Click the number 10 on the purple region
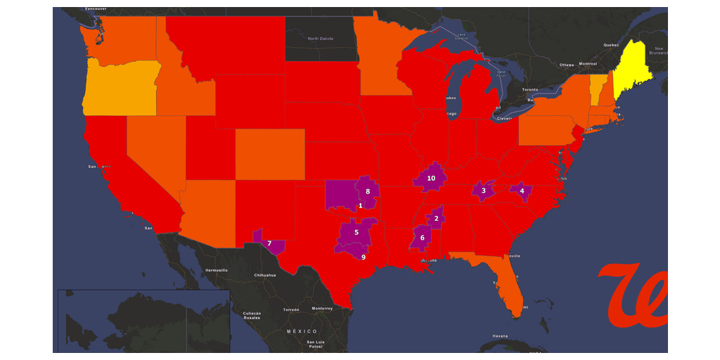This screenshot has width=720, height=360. point(431,179)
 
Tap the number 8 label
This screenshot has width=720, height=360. point(368,191)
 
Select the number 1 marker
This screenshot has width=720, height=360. point(361,205)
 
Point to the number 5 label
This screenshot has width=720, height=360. point(356,232)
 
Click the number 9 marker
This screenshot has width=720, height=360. point(364,257)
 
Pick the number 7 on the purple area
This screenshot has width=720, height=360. point(269,243)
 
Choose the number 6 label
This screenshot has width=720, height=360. point(423,238)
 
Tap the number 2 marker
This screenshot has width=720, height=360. point(437,218)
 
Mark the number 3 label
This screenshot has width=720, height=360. point(484,191)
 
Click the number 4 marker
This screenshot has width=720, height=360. point(522,190)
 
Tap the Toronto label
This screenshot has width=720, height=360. point(529,90)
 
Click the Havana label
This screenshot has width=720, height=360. point(500,335)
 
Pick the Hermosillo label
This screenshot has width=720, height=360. point(217,270)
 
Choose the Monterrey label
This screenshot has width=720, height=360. point(322,309)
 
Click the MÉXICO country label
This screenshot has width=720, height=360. point(302,331)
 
